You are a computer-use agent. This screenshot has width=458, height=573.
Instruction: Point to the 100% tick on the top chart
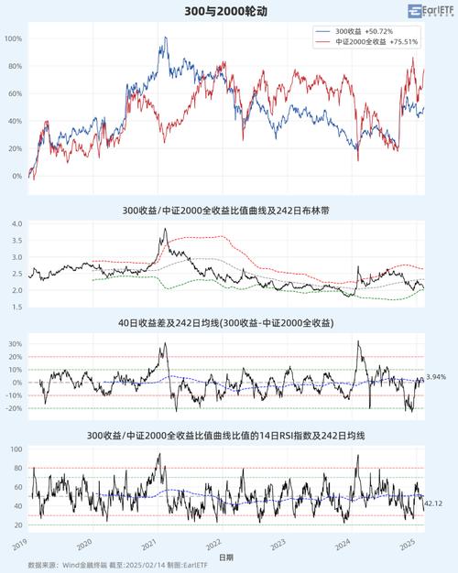(x=14, y=38)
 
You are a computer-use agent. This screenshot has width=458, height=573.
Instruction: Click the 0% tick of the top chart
(x=17, y=176)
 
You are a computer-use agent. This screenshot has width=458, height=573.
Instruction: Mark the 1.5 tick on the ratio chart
(x=16, y=306)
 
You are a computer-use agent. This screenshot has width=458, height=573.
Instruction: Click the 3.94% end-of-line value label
(x=436, y=377)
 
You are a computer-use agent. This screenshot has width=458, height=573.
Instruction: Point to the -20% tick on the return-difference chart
(x=13, y=408)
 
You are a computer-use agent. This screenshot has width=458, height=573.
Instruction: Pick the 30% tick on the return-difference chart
(x=14, y=344)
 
